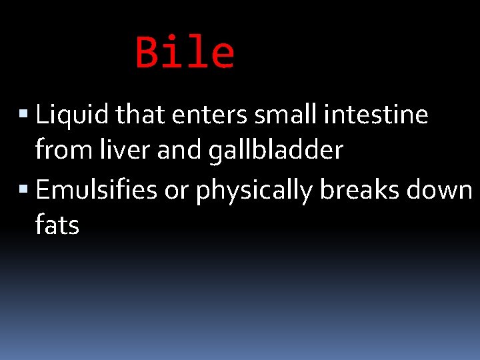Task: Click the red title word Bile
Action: [x=185, y=53]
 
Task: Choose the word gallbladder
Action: [x=275, y=151]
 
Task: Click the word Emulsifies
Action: [x=96, y=190]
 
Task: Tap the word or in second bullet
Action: [x=175, y=191]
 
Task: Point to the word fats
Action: [x=57, y=226]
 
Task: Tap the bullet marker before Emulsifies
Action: [x=25, y=191]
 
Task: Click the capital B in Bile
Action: [x=147, y=53]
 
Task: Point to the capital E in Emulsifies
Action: [x=42, y=190]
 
